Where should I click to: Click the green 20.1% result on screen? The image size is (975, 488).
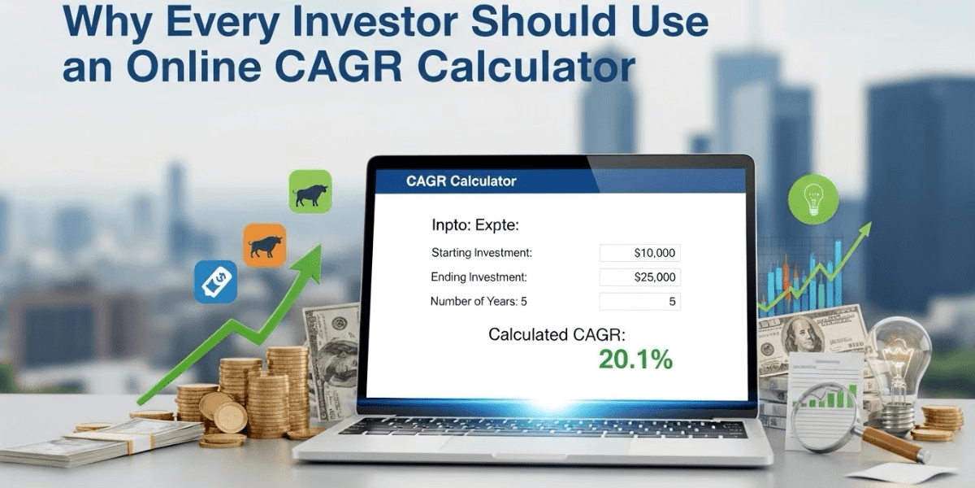(635, 359)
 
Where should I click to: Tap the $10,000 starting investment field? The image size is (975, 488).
(639, 253)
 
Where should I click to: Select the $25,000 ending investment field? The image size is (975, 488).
(639, 277)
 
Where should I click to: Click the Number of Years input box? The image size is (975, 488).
(639, 302)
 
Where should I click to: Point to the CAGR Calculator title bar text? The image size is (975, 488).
(461, 181)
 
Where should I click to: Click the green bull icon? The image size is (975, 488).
(310, 192)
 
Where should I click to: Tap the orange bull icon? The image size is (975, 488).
(265, 245)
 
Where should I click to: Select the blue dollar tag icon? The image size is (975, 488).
(215, 281)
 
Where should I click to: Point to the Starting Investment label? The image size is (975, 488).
(482, 253)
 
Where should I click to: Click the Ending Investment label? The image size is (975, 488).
(479, 277)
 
